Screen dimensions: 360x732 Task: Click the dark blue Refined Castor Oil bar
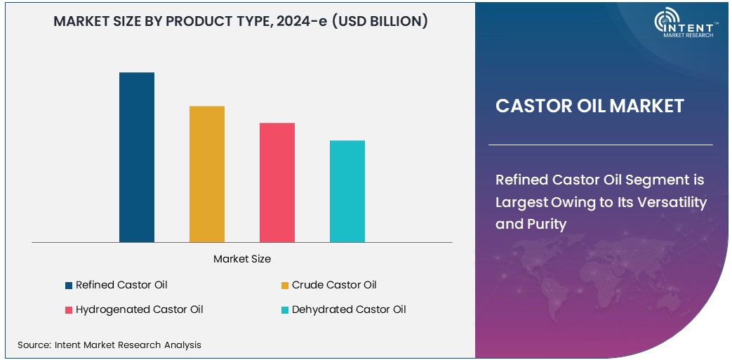click(x=137, y=157)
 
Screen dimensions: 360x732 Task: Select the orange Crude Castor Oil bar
click(x=207, y=174)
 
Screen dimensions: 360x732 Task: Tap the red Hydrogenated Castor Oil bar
click(x=277, y=182)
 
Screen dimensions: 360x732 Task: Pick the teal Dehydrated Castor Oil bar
click(x=347, y=191)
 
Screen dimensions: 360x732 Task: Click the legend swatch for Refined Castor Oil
click(x=69, y=286)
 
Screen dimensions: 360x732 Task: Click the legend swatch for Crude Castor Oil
click(x=285, y=286)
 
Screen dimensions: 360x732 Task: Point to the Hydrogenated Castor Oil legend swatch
click(x=69, y=310)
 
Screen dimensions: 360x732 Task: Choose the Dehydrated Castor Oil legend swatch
click(x=285, y=310)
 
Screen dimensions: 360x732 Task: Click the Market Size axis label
click(x=242, y=259)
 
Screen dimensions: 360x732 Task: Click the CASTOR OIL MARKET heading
click(x=590, y=106)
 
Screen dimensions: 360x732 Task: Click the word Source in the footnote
click(x=33, y=345)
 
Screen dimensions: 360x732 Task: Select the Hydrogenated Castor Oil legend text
click(x=140, y=309)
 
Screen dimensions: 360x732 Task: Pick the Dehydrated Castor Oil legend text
click(x=349, y=309)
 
